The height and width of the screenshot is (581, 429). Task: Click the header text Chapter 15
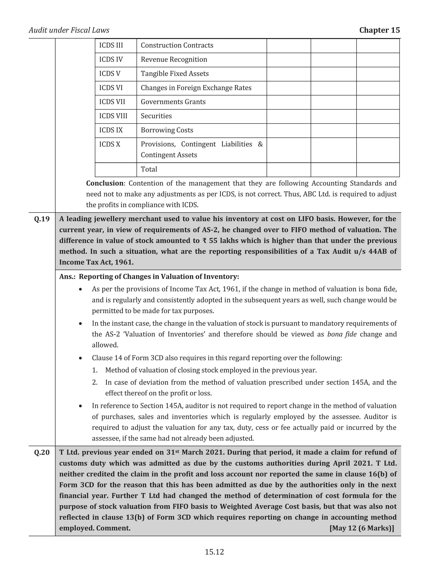[379, 30]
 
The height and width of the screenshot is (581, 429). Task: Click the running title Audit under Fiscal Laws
[69, 30]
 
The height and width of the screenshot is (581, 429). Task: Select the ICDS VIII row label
[113, 116]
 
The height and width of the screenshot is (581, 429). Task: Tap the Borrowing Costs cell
[167, 130]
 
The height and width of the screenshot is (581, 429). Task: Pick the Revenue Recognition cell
[174, 60]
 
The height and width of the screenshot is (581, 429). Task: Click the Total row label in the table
[149, 169]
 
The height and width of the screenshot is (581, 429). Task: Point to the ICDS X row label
[110, 144]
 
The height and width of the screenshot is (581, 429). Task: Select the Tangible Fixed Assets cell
[174, 74]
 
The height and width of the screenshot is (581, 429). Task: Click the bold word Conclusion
[105, 183]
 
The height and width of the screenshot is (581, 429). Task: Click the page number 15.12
[214, 552]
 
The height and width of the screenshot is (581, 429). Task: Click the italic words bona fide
[342, 334]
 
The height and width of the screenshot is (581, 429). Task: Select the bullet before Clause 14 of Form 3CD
[81, 358]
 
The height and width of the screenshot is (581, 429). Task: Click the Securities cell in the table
[156, 116]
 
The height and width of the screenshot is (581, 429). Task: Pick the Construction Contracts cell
[177, 45]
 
